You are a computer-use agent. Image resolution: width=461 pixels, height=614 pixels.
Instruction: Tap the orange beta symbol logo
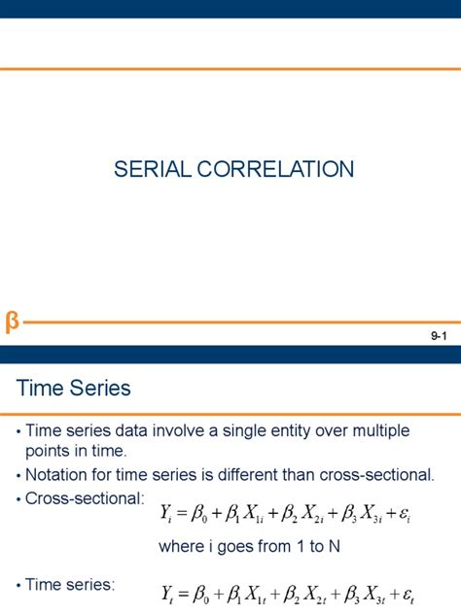(12, 322)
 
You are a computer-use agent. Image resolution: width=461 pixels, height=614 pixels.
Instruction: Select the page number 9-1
(438, 336)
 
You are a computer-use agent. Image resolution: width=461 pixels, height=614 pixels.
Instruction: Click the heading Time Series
(73, 389)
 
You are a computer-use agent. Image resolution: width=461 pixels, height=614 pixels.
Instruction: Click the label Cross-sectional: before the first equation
(86, 499)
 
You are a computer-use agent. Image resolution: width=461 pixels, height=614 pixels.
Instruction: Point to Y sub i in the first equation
(167, 510)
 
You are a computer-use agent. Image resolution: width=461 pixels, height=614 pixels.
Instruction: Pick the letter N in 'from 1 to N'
(334, 546)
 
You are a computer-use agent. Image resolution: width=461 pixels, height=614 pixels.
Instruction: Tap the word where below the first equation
(181, 546)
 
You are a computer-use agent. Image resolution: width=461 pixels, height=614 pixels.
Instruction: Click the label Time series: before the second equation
(71, 585)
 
